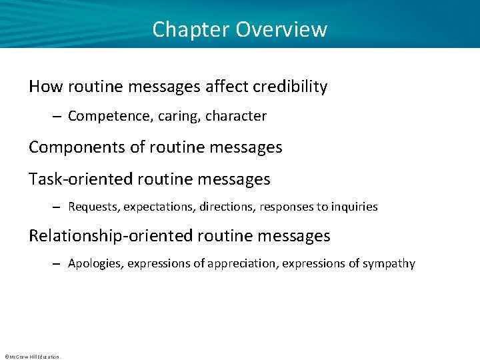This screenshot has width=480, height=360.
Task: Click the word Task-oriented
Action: pyautogui.click(x=75, y=179)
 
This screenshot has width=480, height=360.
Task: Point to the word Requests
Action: pyautogui.click(x=92, y=207)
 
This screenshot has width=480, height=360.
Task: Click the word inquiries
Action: pyautogui.click(x=353, y=207)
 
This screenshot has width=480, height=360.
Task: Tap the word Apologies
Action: pyautogui.click(x=95, y=264)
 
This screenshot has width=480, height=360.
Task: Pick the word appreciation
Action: pyautogui.click(x=243, y=264)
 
